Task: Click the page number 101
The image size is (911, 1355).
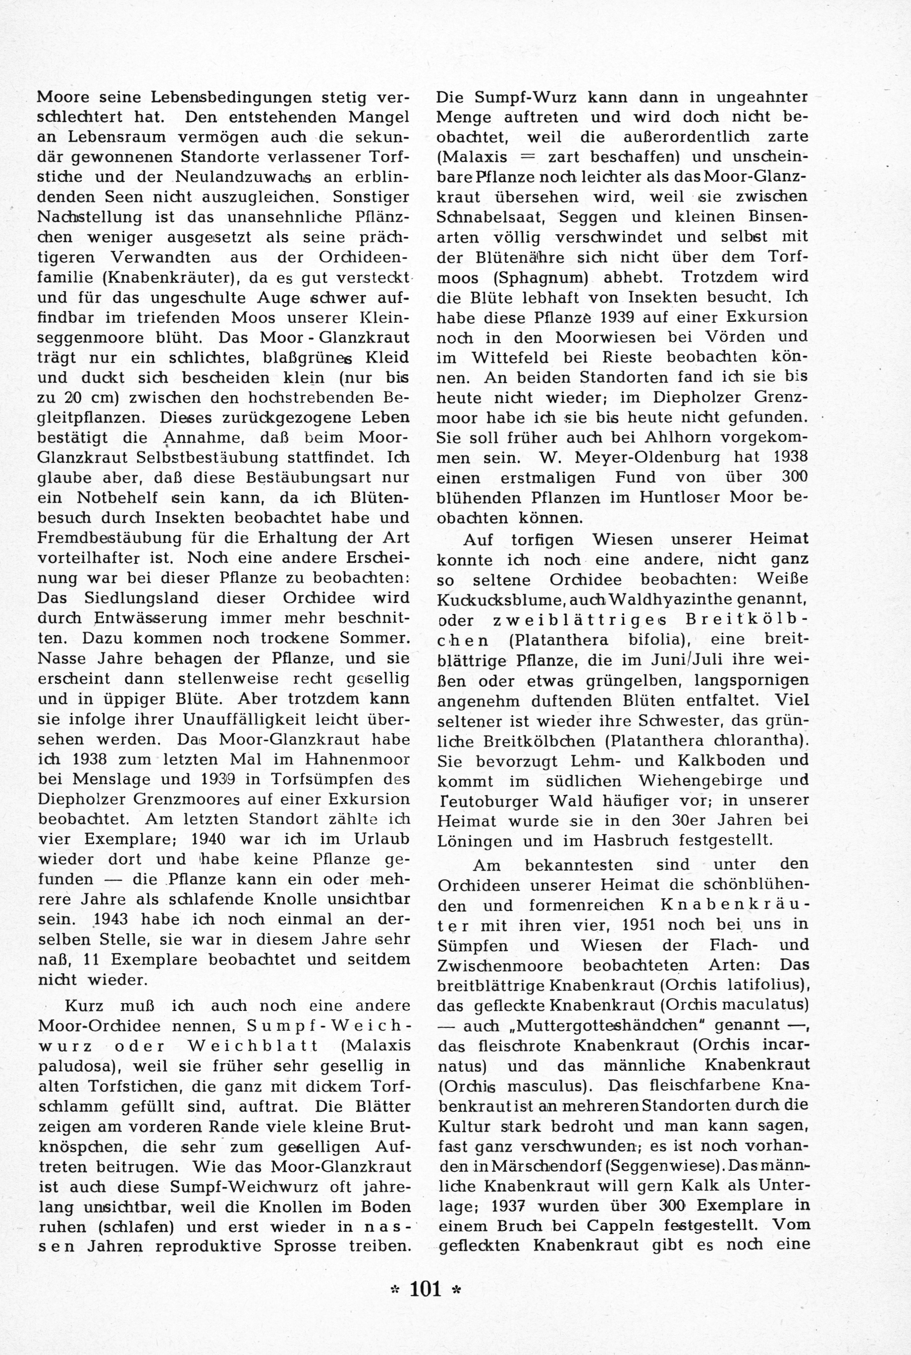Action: pos(426,1289)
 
